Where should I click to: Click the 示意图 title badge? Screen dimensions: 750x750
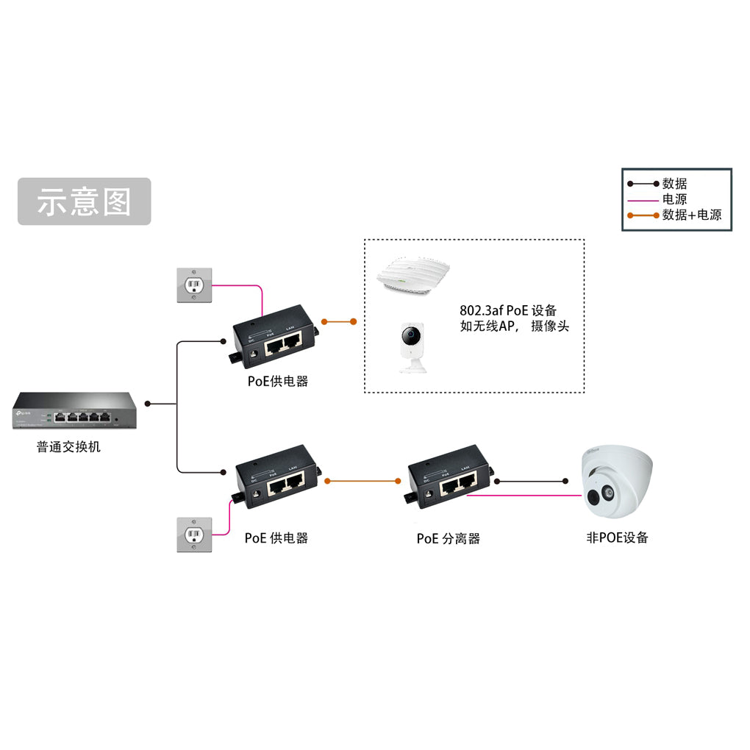tap(84, 201)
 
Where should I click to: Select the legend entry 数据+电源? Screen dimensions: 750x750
tap(691, 215)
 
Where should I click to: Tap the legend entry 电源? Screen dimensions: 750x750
tap(674, 199)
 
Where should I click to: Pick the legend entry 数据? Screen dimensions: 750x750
tap(674, 184)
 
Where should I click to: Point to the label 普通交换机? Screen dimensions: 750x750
tap(68, 446)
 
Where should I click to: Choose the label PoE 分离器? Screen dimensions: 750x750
tap(448, 538)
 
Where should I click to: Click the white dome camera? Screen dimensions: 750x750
tap(616, 482)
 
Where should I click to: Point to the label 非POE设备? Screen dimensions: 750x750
tap(617, 537)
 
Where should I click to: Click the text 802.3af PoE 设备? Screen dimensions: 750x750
tap(508, 310)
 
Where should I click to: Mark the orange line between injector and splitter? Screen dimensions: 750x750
tap(362, 481)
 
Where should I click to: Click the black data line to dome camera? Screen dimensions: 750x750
tap(531, 481)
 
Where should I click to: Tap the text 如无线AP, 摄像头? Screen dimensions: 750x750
tap(514, 326)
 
